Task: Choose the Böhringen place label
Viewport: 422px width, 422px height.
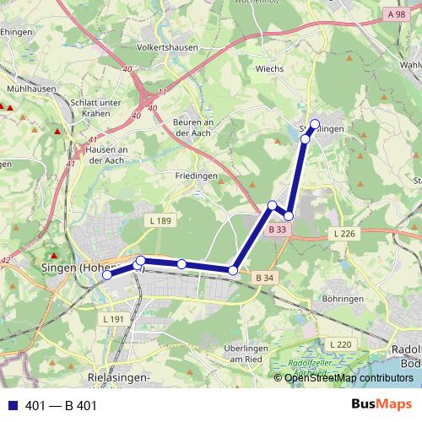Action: tap(341, 299)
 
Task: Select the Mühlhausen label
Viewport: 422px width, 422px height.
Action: tap(30, 87)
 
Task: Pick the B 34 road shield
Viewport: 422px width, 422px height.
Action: tap(264, 278)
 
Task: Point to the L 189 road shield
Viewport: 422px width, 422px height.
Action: tap(163, 221)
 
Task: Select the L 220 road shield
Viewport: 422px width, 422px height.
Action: tap(340, 344)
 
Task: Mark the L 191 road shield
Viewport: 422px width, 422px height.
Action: tap(113, 319)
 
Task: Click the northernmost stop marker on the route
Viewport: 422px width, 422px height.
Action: tap(316, 124)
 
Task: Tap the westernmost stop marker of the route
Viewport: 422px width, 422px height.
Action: tap(107, 275)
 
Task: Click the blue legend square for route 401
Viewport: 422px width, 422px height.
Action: tap(11, 406)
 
